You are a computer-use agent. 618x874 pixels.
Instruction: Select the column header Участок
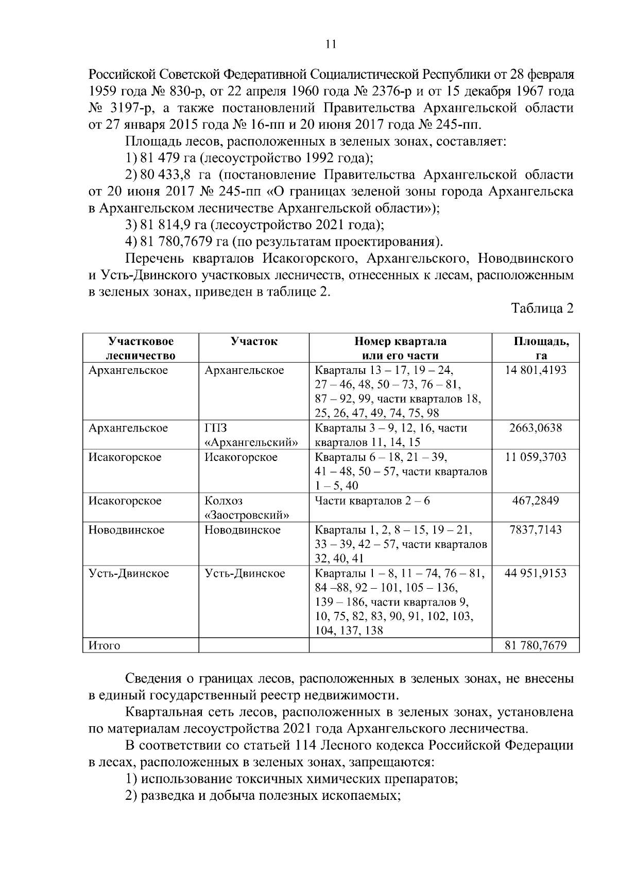pos(254,341)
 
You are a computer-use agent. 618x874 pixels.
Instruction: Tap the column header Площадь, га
pos(541,348)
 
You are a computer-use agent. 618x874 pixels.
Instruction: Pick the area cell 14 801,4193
pos(536,370)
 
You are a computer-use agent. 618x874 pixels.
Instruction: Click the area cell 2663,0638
pos(536,428)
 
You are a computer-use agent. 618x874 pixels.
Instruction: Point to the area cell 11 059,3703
pos(536,457)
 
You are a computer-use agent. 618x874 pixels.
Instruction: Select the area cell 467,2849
pos(536,501)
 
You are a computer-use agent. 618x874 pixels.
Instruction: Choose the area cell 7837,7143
pos(536,530)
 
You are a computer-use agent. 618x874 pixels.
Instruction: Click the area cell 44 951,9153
pos(536,573)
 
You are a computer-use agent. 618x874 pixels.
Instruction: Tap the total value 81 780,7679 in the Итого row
pos(536,645)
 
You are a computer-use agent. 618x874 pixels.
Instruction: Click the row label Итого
pos(105,645)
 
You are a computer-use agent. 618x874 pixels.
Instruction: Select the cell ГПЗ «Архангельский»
pos(251,435)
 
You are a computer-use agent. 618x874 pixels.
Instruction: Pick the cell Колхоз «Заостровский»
pos(246,508)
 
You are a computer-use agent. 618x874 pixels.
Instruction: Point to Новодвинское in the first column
pos(127,530)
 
